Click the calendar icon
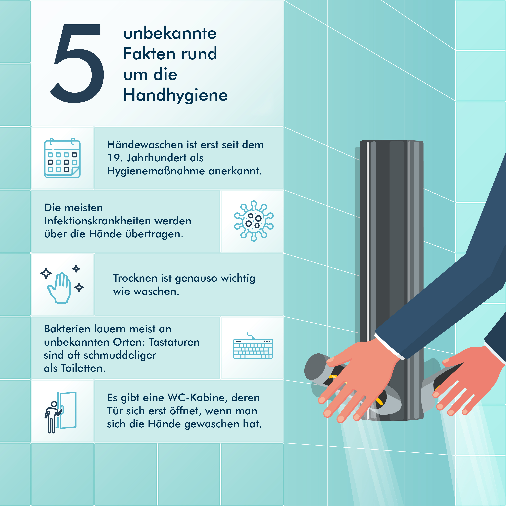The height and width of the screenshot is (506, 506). tap(62, 158)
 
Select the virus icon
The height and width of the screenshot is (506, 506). tap(254, 221)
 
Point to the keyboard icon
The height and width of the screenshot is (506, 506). tap(253, 346)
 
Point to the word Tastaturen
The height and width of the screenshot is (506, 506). tap(174, 342)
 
